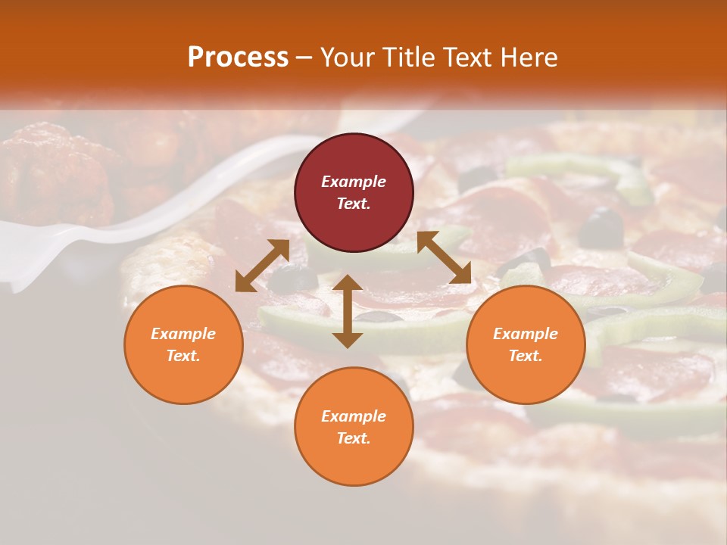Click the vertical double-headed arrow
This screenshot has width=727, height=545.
(x=348, y=311)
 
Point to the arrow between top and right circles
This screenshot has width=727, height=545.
(x=444, y=258)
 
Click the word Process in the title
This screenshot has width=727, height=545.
(x=238, y=57)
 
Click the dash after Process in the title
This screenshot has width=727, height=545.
(x=304, y=58)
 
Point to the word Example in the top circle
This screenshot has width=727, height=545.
(x=354, y=182)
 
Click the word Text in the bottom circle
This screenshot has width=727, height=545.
(x=353, y=438)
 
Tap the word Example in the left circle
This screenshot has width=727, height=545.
(x=183, y=334)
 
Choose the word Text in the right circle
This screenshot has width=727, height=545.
(x=525, y=356)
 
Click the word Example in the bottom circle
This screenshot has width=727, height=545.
(x=354, y=416)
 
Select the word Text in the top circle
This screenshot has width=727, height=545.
(x=353, y=204)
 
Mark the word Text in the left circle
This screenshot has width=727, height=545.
(x=183, y=356)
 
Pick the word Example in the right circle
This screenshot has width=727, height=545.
(x=526, y=334)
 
